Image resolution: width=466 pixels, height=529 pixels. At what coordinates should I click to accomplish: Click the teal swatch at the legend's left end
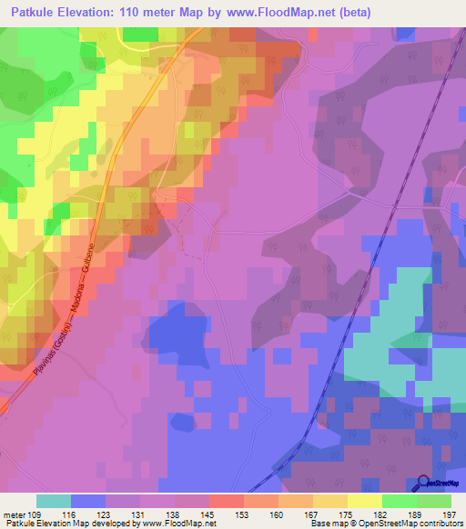[54, 501]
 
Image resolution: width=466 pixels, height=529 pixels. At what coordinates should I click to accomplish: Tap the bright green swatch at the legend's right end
[434, 501]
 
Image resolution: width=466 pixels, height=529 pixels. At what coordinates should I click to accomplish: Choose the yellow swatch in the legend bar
[365, 501]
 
